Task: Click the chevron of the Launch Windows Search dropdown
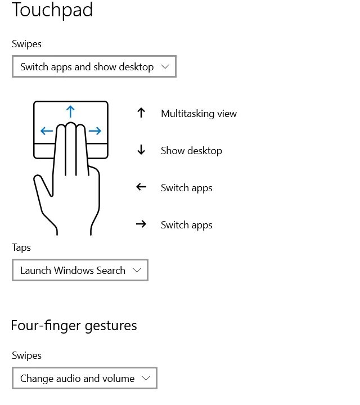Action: [137, 271]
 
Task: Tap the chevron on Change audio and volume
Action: [146, 379]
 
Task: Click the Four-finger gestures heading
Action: [74, 325]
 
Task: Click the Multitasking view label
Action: [199, 114]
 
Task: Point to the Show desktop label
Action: [191, 151]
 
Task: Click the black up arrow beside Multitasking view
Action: [141, 113]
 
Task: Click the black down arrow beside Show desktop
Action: [141, 150]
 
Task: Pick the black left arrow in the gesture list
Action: [141, 187]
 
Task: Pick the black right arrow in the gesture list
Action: [141, 224]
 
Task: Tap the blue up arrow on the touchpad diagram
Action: [70, 111]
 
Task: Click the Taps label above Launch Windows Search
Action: [21, 247]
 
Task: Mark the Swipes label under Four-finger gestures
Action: [26, 355]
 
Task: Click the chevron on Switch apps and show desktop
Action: [165, 67]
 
